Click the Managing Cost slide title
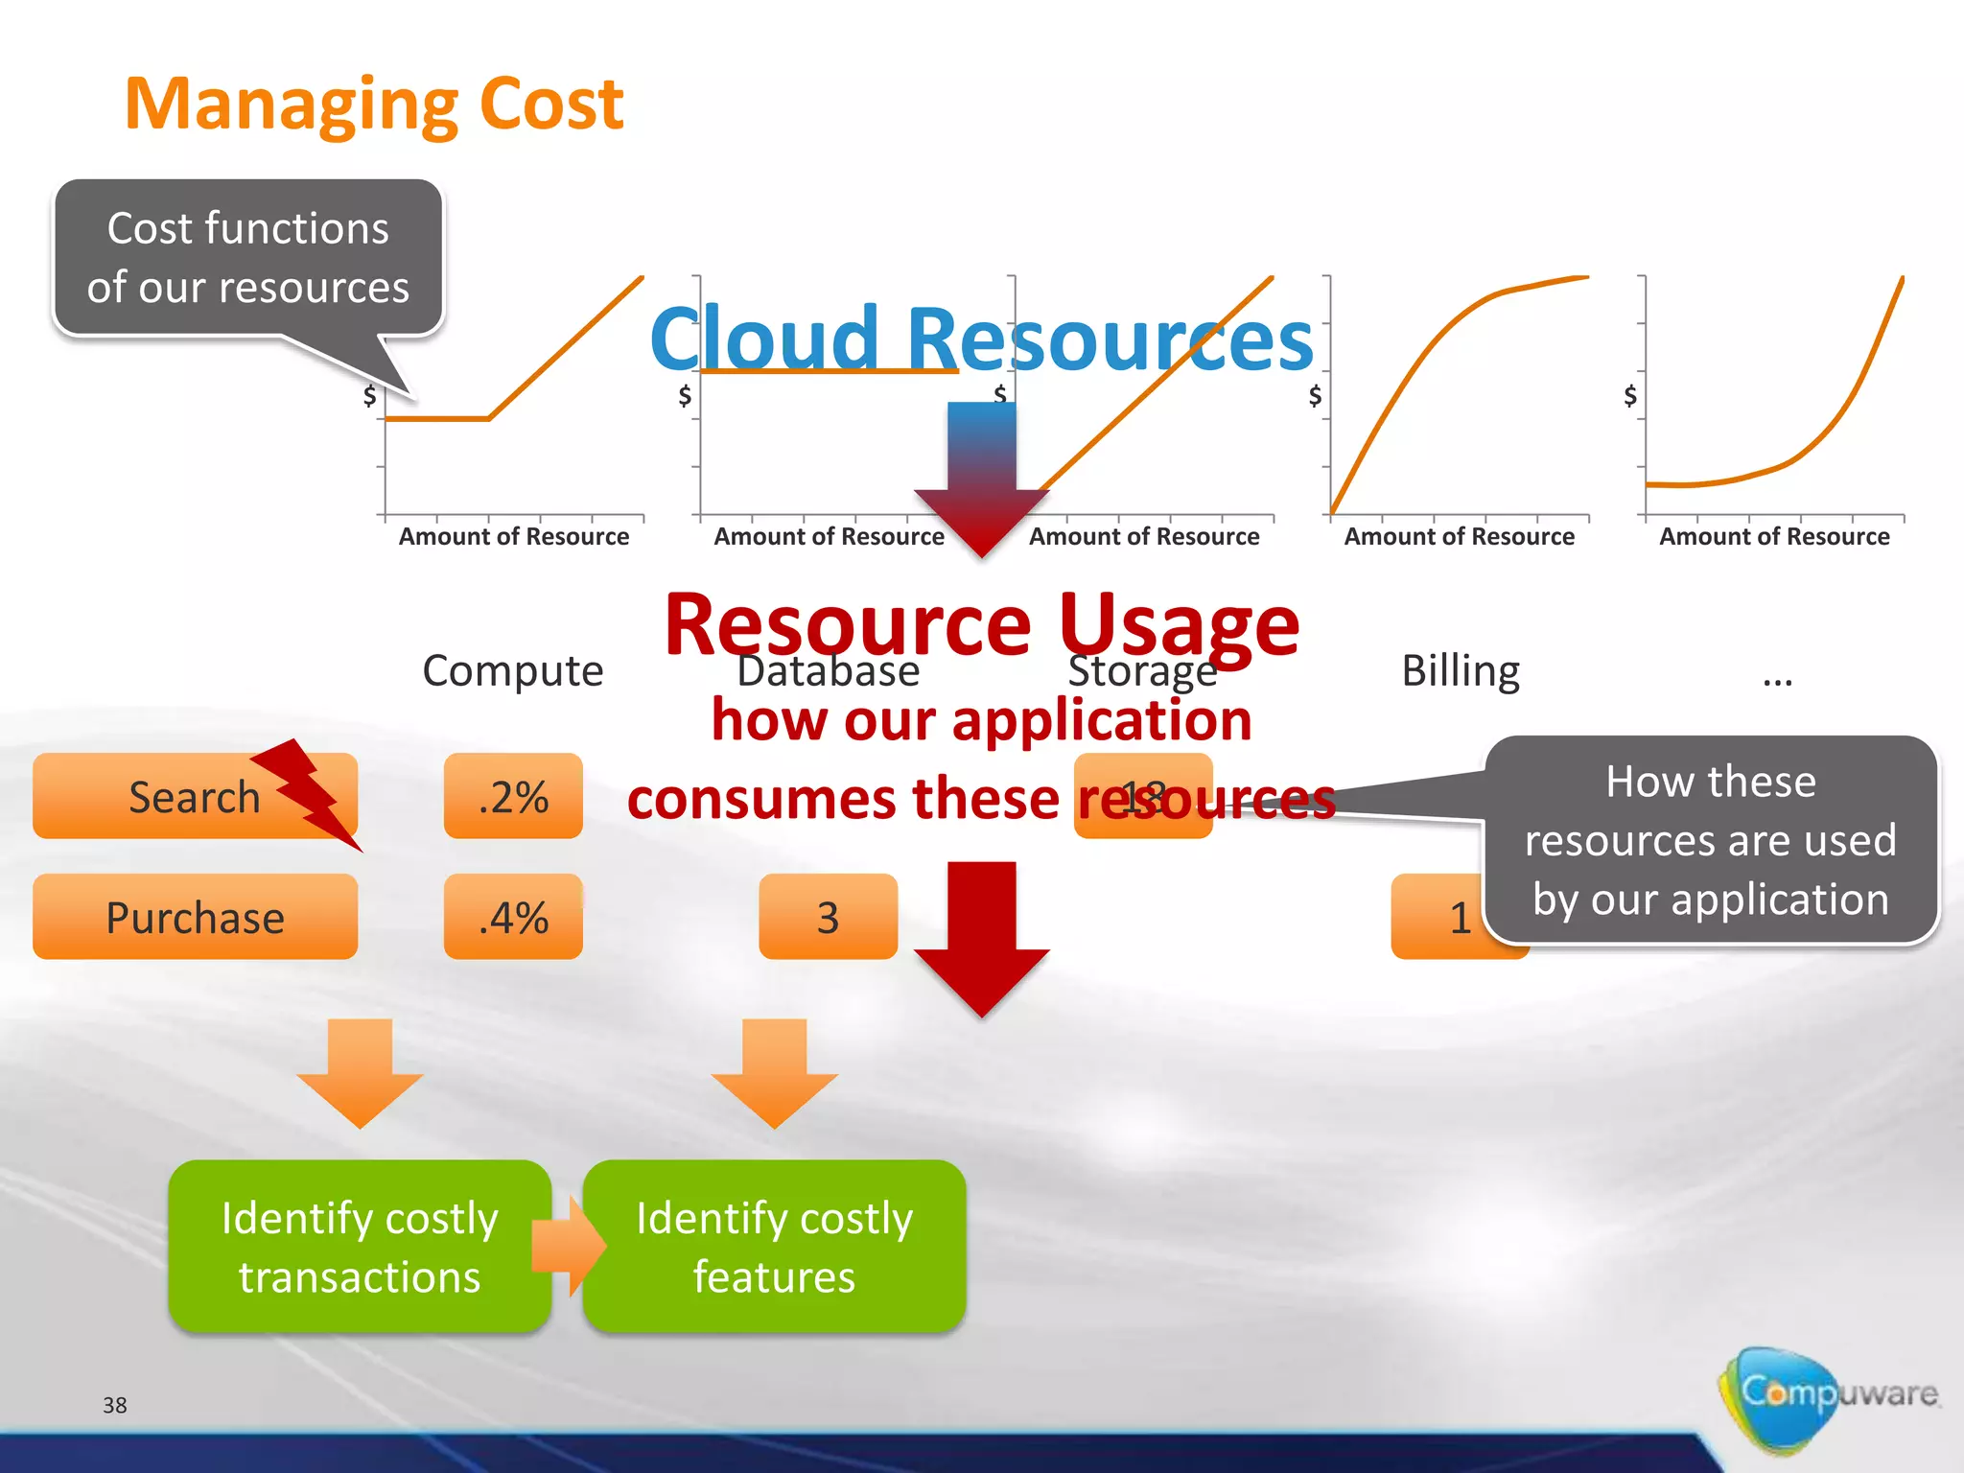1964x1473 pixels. pos(374,104)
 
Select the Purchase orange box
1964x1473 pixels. pos(195,917)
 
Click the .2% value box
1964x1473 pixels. pos(513,796)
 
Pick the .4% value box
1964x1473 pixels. pos(513,917)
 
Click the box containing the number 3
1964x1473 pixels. pos(828,917)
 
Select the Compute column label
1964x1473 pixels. pos(513,670)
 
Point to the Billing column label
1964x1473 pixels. pos(1460,670)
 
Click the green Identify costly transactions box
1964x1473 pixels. pos(360,1247)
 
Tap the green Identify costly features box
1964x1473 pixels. pos(775,1247)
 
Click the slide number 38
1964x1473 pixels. pos(115,1405)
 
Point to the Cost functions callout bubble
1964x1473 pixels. pos(247,257)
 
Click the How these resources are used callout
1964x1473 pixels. pos(1710,840)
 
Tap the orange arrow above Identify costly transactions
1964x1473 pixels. pos(360,1069)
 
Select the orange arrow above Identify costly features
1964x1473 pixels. pos(775,1069)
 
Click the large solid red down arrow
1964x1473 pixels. pos(982,935)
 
